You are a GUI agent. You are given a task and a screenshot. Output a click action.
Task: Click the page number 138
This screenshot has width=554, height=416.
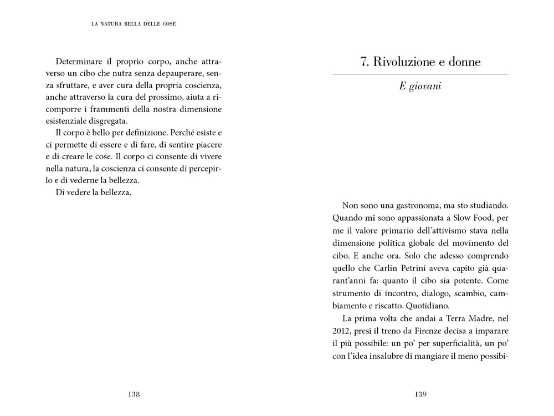134,394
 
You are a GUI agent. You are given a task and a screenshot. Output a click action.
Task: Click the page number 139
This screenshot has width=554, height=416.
420,394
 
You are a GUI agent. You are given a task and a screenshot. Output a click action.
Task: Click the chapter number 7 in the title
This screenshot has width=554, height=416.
363,62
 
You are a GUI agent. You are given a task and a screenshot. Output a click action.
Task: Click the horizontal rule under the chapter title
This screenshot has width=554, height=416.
420,74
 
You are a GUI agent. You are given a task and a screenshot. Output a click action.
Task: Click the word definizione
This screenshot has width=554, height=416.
140,133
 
